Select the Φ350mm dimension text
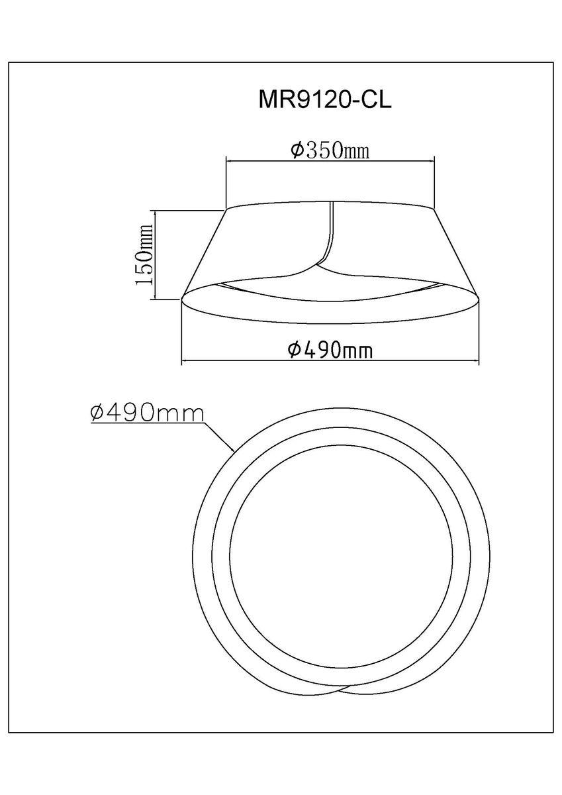coord(329,151)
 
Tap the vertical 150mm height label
coord(144,254)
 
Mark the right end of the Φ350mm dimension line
coord(434,160)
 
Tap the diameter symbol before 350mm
coord(297,151)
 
